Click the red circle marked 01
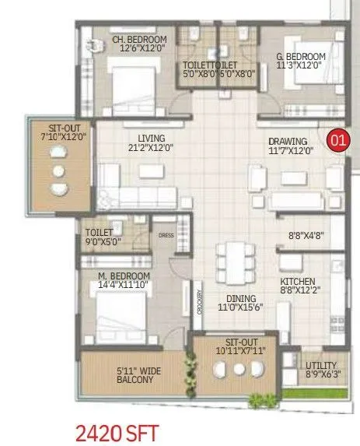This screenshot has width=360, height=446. [337, 141]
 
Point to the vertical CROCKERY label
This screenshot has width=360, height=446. [200, 300]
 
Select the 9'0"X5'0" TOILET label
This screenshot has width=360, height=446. [99, 237]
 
